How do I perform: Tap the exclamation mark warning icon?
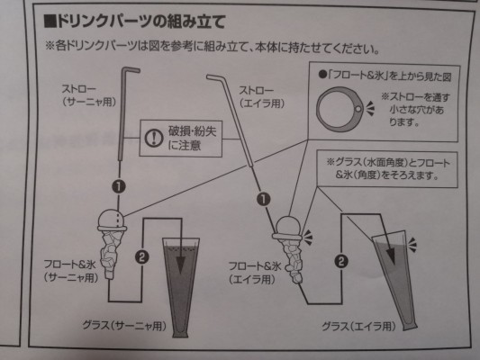click(154, 138)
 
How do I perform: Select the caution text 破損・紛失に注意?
click(192, 139)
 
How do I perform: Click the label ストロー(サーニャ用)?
click(89, 95)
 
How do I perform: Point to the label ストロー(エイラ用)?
click(261, 97)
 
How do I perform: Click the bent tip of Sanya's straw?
click(137, 70)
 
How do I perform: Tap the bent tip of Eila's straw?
click(210, 76)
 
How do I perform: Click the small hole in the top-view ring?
click(358, 109)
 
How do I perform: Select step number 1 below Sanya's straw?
click(119, 186)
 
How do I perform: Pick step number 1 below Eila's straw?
click(264, 200)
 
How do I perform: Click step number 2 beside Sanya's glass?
click(141, 256)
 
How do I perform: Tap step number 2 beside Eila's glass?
click(341, 261)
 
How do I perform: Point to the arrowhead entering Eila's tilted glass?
click(390, 256)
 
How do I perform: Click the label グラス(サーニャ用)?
click(124, 326)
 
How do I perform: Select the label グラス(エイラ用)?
click(358, 327)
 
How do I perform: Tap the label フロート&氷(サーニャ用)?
click(70, 271)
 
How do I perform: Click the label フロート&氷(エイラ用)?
click(255, 273)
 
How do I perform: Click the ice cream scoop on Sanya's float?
click(111, 219)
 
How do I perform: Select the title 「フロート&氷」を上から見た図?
click(385, 76)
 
